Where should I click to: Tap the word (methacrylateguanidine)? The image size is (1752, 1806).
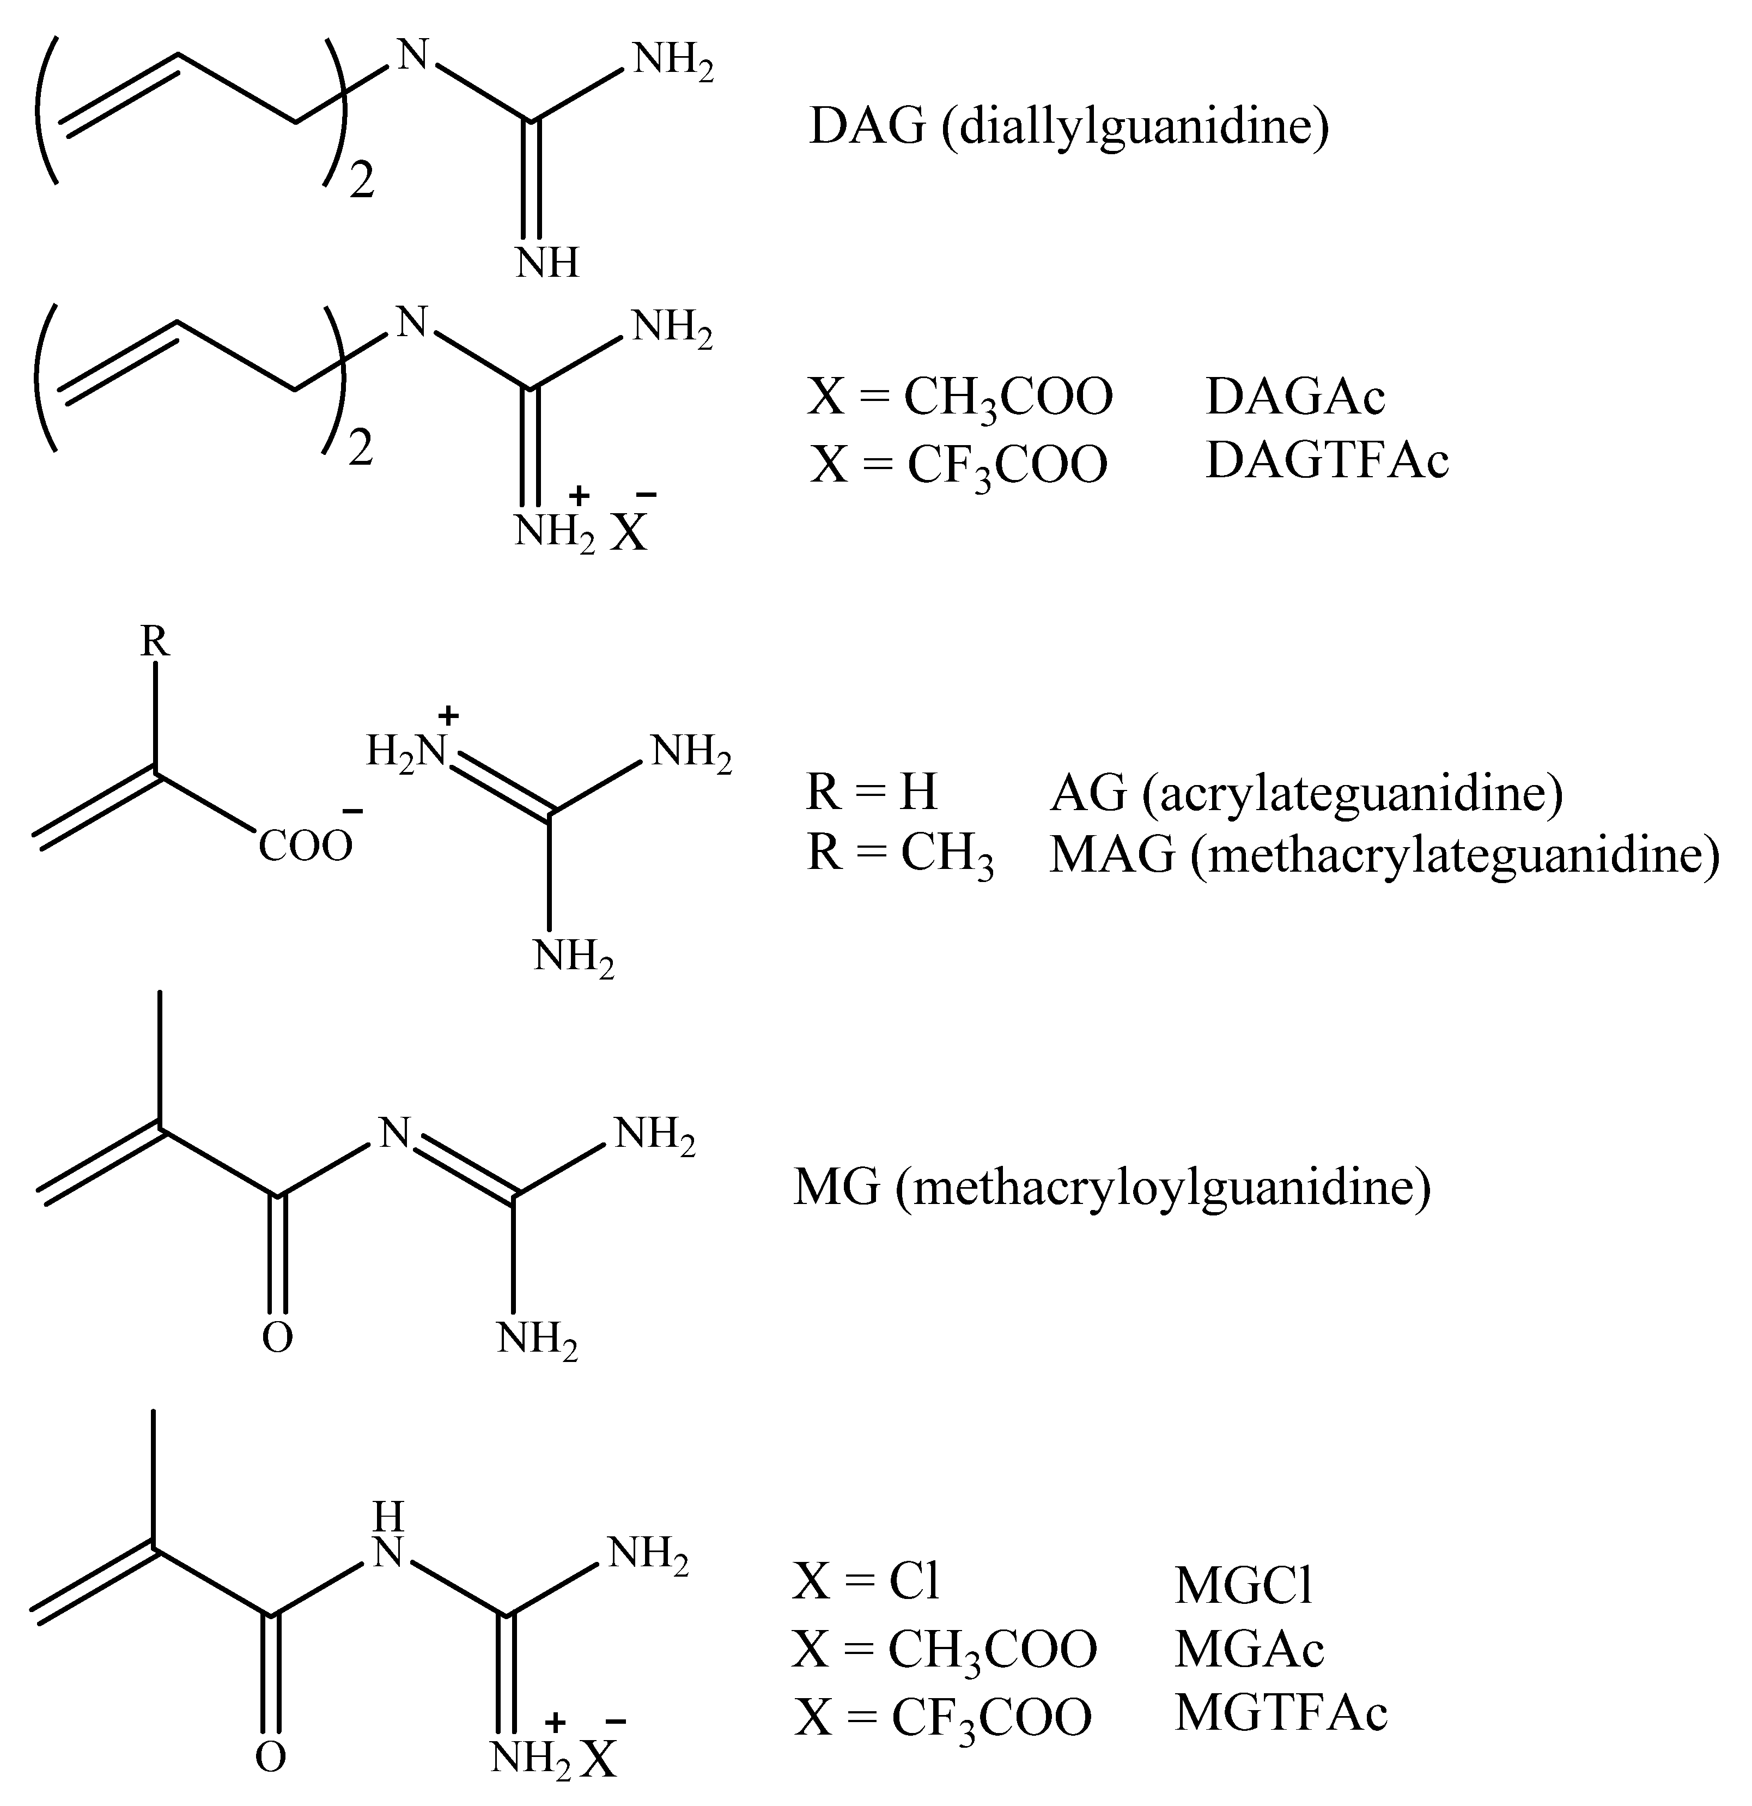tap(1455, 855)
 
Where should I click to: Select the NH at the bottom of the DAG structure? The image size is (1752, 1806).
tap(547, 263)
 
